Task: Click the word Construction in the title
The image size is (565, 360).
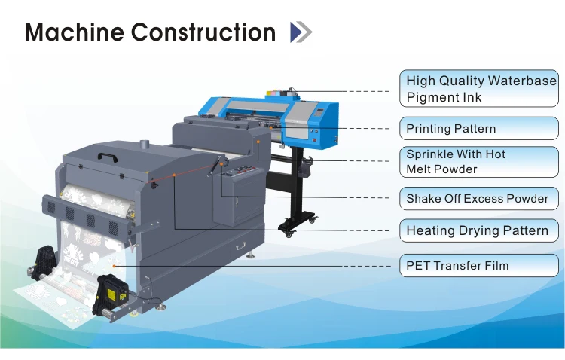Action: (x=203, y=32)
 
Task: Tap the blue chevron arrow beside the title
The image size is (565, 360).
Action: (x=300, y=32)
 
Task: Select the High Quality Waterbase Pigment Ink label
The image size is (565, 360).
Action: (x=480, y=89)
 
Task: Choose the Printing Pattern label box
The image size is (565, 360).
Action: (x=480, y=128)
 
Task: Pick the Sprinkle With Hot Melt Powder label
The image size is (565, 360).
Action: (x=480, y=161)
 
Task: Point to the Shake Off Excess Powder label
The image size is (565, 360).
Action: (x=480, y=199)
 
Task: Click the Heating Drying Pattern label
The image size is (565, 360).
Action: (x=480, y=230)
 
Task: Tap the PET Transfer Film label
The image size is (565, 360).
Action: (x=480, y=265)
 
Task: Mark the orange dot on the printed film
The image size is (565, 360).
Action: (x=112, y=266)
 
